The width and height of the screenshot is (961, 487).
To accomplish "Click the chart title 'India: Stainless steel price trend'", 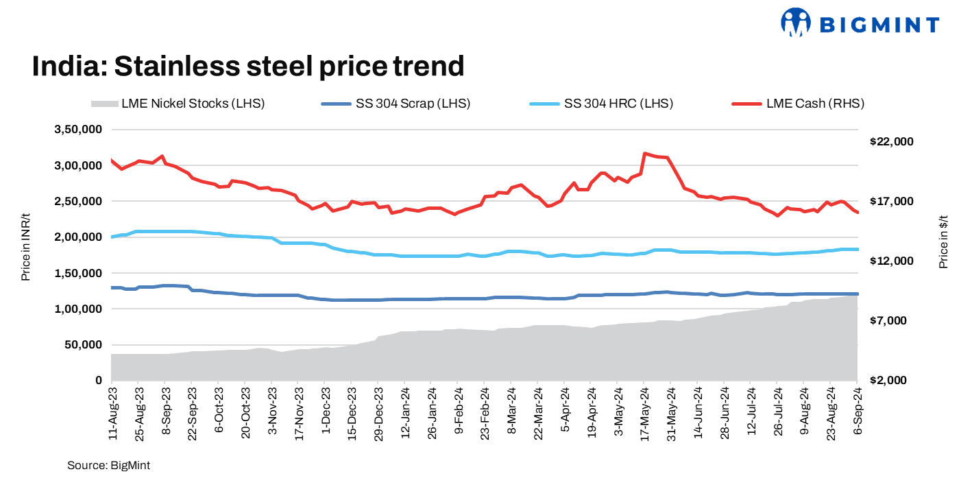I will coord(248,67).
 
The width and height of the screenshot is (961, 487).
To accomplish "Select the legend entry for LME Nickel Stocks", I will coord(178,104).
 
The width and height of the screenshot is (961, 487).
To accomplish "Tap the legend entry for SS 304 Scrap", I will coord(396,104).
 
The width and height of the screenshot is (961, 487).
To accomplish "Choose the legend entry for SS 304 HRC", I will coord(602,104).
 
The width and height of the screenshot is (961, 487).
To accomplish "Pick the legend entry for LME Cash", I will coord(799,104).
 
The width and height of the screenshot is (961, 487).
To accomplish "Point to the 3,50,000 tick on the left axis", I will coord(78,130).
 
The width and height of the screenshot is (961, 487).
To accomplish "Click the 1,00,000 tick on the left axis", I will coord(78,309).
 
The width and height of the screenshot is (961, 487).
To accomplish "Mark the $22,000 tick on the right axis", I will coord(892,141).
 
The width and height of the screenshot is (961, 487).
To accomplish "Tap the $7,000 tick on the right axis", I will coord(894,321).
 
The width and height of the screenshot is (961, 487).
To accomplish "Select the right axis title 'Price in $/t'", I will coord(943,240).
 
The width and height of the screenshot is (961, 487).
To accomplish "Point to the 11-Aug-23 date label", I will coord(112,412).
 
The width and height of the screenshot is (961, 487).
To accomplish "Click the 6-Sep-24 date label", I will coord(857,409).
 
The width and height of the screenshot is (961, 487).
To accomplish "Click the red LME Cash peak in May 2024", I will coord(645,154).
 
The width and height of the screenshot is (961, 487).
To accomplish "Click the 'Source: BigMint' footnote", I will coord(108,466).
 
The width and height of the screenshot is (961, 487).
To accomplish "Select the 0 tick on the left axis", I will coord(99,381).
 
